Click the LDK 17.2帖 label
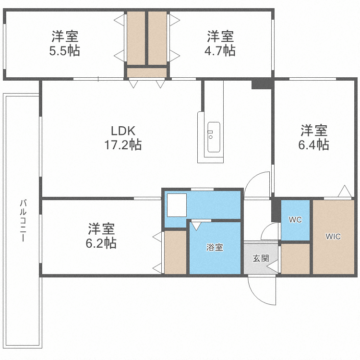[123, 138]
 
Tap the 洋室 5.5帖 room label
[65, 43]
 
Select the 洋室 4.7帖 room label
[221, 43]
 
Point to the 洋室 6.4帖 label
[314, 138]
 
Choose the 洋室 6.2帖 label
[101, 236]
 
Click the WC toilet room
[295, 220]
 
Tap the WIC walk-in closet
[333, 237]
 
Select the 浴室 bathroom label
[215, 248]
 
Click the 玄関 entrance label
[260, 258]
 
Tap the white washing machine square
[176, 205]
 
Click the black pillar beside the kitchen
[262, 84]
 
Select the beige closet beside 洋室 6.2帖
[175, 252]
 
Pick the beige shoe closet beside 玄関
[295, 259]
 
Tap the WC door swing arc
[270, 231]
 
